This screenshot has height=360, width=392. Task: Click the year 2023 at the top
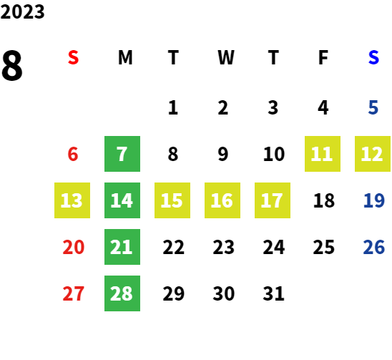click(x=22, y=11)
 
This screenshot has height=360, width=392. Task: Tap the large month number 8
click(x=12, y=65)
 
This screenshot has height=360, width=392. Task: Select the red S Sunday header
click(x=73, y=57)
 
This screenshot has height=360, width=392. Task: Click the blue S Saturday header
click(x=373, y=57)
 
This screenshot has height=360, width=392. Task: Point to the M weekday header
click(x=125, y=57)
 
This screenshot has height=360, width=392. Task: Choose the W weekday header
click(x=226, y=57)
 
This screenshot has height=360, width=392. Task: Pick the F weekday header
click(x=323, y=57)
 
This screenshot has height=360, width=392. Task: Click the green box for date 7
click(x=122, y=154)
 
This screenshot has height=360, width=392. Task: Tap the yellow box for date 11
click(x=323, y=154)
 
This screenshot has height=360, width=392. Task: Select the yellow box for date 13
click(x=72, y=200)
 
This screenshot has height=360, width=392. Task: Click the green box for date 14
click(x=122, y=200)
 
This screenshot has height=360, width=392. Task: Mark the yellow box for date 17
click(x=273, y=200)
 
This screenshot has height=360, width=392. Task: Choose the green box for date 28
click(x=122, y=293)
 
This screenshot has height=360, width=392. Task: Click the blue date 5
click(x=373, y=107)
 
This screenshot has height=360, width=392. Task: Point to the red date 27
click(x=73, y=293)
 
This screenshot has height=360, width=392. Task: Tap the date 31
click(x=273, y=293)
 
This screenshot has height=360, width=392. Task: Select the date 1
click(x=173, y=107)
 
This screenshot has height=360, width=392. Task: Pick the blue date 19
click(x=373, y=200)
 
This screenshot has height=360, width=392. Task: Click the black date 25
click(x=324, y=247)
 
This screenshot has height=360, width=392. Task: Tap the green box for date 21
click(x=122, y=247)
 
